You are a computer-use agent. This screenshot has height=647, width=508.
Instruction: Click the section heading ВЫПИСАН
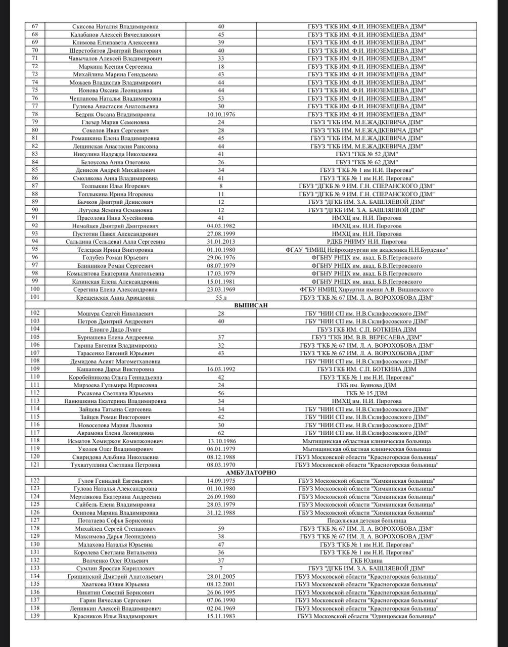click(x=251, y=305)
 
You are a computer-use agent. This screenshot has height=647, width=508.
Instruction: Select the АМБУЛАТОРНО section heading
click(x=251, y=472)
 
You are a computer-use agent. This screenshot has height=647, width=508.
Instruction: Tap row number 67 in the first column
click(x=35, y=26)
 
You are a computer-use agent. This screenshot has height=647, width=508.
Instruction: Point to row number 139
click(x=35, y=616)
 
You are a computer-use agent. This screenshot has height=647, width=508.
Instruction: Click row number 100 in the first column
click(x=35, y=289)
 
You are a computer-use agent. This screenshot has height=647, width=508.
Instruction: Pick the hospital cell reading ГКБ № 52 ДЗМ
click(x=366, y=154)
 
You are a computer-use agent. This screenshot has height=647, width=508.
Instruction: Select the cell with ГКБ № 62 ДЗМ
click(x=366, y=162)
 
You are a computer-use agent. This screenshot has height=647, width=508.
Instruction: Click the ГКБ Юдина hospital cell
click(x=366, y=561)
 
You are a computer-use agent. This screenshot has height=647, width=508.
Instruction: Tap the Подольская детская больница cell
click(x=366, y=520)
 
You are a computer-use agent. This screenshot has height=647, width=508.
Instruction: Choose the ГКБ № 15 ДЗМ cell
click(x=366, y=393)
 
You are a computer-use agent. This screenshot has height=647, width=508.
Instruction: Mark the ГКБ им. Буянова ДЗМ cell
click(x=366, y=385)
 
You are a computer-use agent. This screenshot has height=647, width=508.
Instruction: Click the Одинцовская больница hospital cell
click(x=366, y=616)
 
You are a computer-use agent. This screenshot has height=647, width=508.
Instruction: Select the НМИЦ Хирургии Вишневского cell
click(x=366, y=290)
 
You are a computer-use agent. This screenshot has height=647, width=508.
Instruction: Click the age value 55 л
click(x=221, y=297)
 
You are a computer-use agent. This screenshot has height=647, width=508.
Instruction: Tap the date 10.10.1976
click(x=221, y=114)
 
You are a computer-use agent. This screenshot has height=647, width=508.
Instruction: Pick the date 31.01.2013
click(x=221, y=242)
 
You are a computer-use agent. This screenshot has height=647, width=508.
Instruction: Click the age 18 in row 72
click(x=221, y=66)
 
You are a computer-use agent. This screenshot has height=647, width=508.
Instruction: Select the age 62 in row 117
click(x=221, y=433)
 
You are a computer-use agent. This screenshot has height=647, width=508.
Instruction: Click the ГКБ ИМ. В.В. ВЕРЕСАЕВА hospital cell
click(x=366, y=337)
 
